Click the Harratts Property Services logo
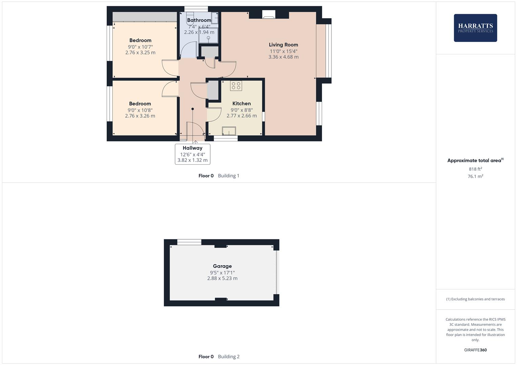(475, 28)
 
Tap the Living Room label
(283, 45)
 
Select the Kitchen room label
(241, 103)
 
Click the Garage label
(222, 266)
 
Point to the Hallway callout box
(192, 154)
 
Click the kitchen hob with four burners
(236, 86)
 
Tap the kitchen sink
(229, 131)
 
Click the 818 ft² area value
(475, 169)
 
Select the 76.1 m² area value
(475, 176)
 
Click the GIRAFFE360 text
(475, 350)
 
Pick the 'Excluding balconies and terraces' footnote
(475, 299)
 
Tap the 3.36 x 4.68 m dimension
(283, 57)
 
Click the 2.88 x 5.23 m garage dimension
(222, 278)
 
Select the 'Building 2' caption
(229, 357)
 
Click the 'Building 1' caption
(229, 176)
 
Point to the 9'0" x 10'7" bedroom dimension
(140, 47)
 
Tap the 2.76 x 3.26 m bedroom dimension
(140, 116)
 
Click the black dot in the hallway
(193, 109)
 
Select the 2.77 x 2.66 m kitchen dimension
(241, 116)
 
